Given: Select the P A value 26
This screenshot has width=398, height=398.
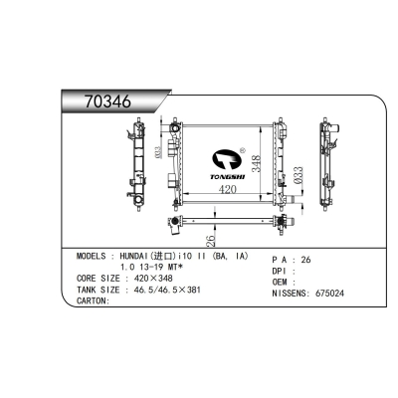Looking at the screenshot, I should [305, 260].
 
